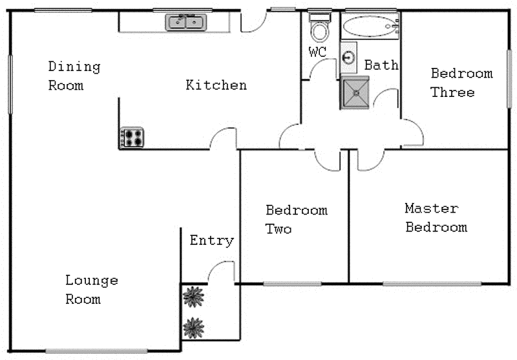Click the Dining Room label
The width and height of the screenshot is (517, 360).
coord(74,76)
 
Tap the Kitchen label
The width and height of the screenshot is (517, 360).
coord(216,85)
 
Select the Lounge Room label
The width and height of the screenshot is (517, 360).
coord(91,290)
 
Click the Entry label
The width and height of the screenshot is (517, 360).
coord(211,240)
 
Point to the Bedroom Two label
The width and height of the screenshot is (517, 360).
coord(296,220)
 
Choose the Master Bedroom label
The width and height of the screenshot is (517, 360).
coord(436,218)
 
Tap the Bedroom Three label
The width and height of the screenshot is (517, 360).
coord(461,83)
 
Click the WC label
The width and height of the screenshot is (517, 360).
coord(317,52)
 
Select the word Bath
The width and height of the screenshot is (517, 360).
coord(381,65)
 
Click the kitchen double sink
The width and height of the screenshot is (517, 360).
coord(186,23)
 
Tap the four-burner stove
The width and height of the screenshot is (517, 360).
coord(132,137)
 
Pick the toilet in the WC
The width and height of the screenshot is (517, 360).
coord(319,28)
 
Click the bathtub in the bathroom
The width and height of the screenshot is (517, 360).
coord(370,27)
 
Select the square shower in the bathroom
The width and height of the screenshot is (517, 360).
coord(355,92)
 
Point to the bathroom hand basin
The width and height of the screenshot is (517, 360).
coord(349,57)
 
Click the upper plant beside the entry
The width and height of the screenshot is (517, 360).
coord(193,297)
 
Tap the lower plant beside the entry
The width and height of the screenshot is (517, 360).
coord(193,328)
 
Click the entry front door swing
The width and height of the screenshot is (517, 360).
coord(223,271)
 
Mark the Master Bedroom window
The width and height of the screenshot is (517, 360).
coord(432,283)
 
